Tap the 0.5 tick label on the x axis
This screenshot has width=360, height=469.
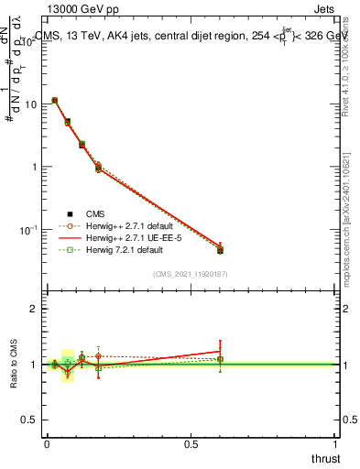click(x=191, y=444)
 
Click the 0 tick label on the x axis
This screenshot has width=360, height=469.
click(x=46, y=444)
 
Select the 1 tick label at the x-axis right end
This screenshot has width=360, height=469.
click(x=335, y=444)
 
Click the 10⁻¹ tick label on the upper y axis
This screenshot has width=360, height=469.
click(x=28, y=229)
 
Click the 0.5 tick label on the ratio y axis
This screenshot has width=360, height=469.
click(x=30, y=420)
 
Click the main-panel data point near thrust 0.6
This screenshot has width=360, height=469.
click(x=220, y=249)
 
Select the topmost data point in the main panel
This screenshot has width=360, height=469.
click(x=55, y=101)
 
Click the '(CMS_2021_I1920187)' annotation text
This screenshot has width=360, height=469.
click(x=190, y=273)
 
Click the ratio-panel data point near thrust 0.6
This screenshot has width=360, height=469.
click(x=220, y=359)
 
